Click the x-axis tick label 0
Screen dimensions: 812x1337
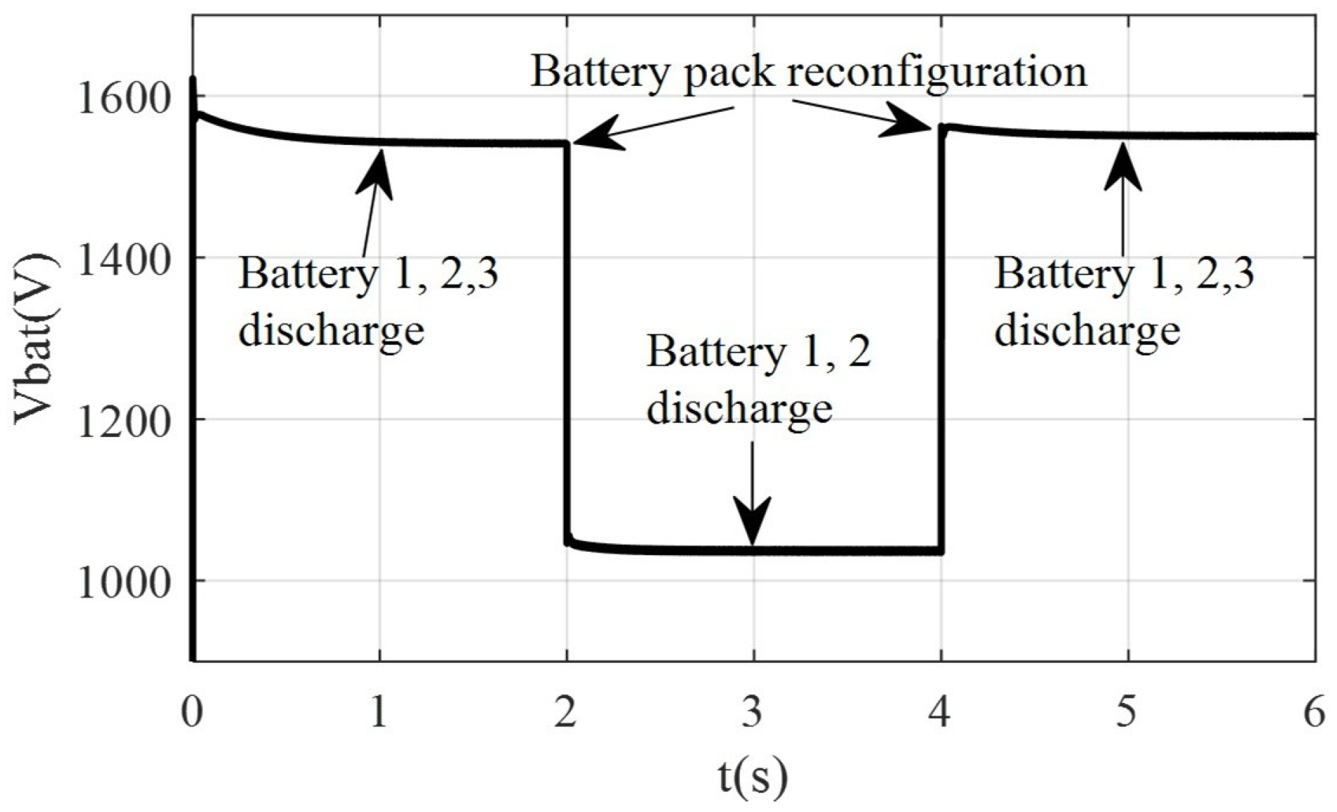(192, 712)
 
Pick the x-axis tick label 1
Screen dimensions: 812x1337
(379, 712)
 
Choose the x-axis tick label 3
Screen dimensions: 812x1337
(753, 712)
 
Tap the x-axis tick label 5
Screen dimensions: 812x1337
(1126, 712)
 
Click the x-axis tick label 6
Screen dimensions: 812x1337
(1314, 712)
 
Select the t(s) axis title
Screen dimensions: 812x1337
(753, 777)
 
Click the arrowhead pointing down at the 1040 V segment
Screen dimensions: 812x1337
(753, 524)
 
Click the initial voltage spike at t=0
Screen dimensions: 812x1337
(193, 91)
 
